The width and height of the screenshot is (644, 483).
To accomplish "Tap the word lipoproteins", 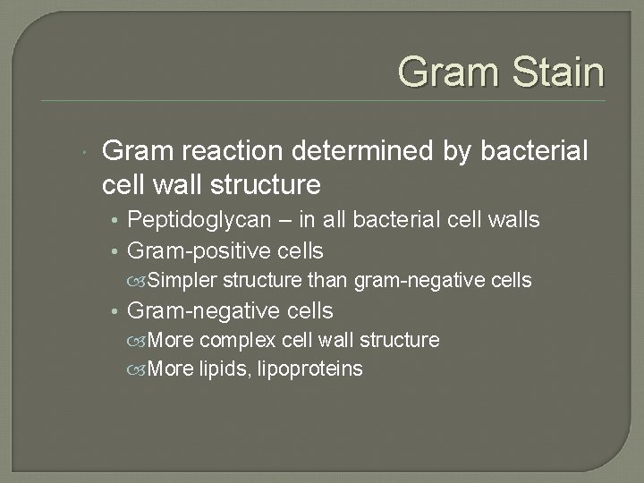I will click(x=310, y=369).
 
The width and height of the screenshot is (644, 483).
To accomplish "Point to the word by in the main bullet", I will click(x=455, y=152).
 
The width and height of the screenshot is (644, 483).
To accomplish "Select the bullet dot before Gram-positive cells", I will click(x=116, y=251).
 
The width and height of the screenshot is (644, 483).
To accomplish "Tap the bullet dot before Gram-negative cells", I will click(x=116, y=311).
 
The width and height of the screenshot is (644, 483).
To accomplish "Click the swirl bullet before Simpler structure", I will click(x=137, y=282).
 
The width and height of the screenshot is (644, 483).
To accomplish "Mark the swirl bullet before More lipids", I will click(x=137, y=369).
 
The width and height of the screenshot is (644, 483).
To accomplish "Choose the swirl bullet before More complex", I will click(x=137, y=341).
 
